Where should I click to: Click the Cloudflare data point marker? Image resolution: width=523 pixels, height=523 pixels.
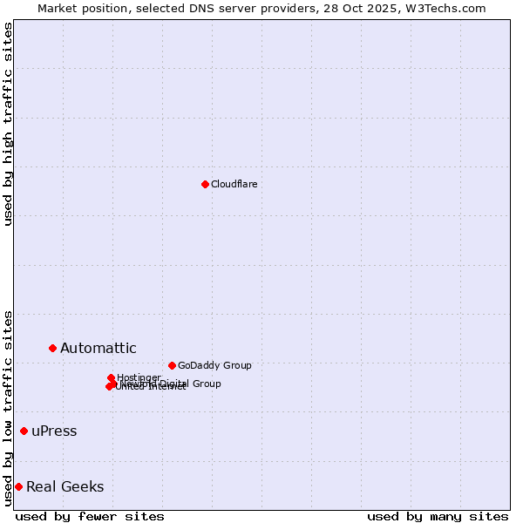(x=205, y=184)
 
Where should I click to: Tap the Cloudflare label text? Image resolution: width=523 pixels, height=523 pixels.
(x=234, y=184)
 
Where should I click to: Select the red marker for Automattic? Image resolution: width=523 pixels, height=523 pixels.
(x=52, y=348)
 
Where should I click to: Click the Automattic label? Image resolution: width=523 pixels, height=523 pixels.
(x=98, y=349)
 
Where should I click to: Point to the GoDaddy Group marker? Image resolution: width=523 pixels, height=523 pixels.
(x=172, y=365)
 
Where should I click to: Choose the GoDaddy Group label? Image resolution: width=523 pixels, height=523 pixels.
(x=214, y=365)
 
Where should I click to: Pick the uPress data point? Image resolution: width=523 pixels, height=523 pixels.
(x=24, y=431)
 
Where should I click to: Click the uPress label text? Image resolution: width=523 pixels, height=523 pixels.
(x=54, y=431)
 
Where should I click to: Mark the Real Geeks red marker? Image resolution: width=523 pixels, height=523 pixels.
(x=18, y=486)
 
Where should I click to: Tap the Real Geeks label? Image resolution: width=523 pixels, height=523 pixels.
(x=65, y=486)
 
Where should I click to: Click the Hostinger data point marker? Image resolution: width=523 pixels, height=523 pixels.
(x=111, y=377)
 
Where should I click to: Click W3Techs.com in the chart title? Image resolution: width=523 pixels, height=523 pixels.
(x=449, y=8)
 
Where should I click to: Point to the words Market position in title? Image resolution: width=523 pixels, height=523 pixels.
(x=79, y=8)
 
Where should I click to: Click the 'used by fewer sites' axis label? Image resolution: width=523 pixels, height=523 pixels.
(x=90, y=516)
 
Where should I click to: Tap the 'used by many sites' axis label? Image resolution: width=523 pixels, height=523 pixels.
(x=438, y=516)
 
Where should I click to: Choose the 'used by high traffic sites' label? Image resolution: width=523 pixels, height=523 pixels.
(x=8, y=124)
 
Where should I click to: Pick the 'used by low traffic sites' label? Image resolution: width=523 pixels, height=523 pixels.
(x=8, y=408)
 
